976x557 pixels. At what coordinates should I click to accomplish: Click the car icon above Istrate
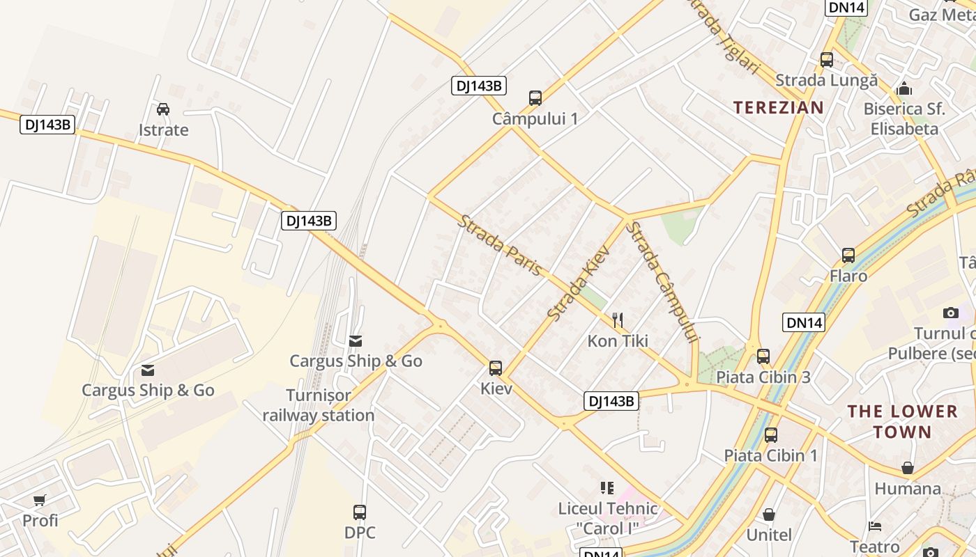(x=163, y=109)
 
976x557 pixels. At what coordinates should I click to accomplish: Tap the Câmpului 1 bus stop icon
(x=535, y=97)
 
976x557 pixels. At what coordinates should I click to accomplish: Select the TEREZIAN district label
(x=779, y=107)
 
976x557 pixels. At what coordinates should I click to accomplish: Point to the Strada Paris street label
(x=499, y=245)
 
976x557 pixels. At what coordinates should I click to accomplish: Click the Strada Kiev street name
(x=579, y=283)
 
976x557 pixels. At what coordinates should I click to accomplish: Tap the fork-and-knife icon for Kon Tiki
(x=618, y=320)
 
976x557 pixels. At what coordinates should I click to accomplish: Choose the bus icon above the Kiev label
(x=496, y=368)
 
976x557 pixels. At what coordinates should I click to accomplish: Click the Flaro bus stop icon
(x=848, y=255)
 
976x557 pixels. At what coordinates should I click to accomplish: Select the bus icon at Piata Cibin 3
(x=763, y=356)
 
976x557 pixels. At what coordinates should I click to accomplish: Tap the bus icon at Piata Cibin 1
(x=771, y=435)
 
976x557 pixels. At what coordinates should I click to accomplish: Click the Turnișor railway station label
(x=319, y=405)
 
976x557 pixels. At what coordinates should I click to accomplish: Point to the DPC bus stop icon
(x=360, y=512)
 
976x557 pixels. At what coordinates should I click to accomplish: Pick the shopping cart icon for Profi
(x=40, y=500)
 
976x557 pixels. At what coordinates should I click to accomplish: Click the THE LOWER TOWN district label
(x=902, y=421)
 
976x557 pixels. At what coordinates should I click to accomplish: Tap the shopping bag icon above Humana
(x=908, y=468)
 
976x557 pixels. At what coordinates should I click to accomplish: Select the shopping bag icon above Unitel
(x=769, y=515)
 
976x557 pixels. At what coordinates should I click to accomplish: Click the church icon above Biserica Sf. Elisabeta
(x=904, y=88)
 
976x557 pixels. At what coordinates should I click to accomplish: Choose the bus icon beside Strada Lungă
(x=827, y=60)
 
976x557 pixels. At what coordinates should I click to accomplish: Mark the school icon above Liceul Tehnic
(x=607, y=487)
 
